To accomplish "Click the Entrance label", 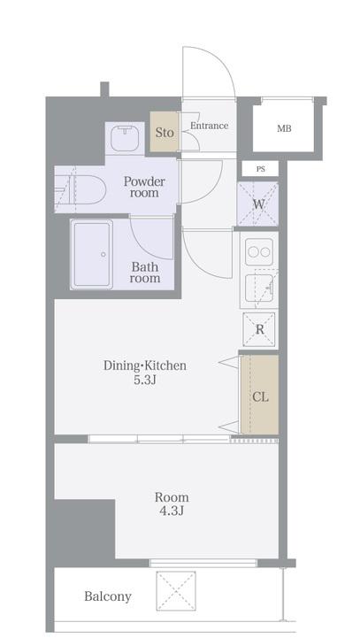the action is tap(209, 126).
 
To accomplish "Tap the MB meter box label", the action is tap(284, 129).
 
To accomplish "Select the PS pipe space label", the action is tap(260, 169).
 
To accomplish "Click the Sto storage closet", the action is tap(165, 133).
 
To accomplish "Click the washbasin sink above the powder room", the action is tap(125, 138).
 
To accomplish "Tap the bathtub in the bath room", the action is tap(91, 254).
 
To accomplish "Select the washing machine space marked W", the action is tap(258, 204).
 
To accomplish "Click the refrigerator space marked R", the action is tap(259, 329).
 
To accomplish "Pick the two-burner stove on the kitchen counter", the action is tap(259, 252).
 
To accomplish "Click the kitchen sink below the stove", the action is tap(259, 288).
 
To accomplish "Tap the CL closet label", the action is tap(260, 397).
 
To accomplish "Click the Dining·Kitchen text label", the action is tap(145, 365).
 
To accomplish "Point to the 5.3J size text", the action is tap(145, 380).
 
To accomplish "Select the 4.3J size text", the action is tap(172, 511).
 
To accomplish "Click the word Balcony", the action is tap(108, 596).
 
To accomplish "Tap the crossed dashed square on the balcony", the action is tap(176, 591).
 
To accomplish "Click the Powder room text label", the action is tap(144, 187).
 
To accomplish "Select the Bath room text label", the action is tap(145, 273).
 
